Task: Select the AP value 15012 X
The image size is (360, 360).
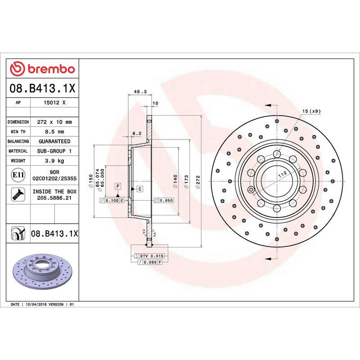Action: tap(55, 103)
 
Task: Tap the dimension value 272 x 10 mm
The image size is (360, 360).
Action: tap(55, 122)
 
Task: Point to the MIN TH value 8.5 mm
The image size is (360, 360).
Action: tap(55, 132)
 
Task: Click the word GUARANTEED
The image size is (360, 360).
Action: tap(55, 141)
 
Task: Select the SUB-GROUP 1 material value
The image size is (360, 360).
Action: tap(55, 151)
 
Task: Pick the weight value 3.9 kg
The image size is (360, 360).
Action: tap(55, 161)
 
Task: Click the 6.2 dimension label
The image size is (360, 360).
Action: tap(137, 133)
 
